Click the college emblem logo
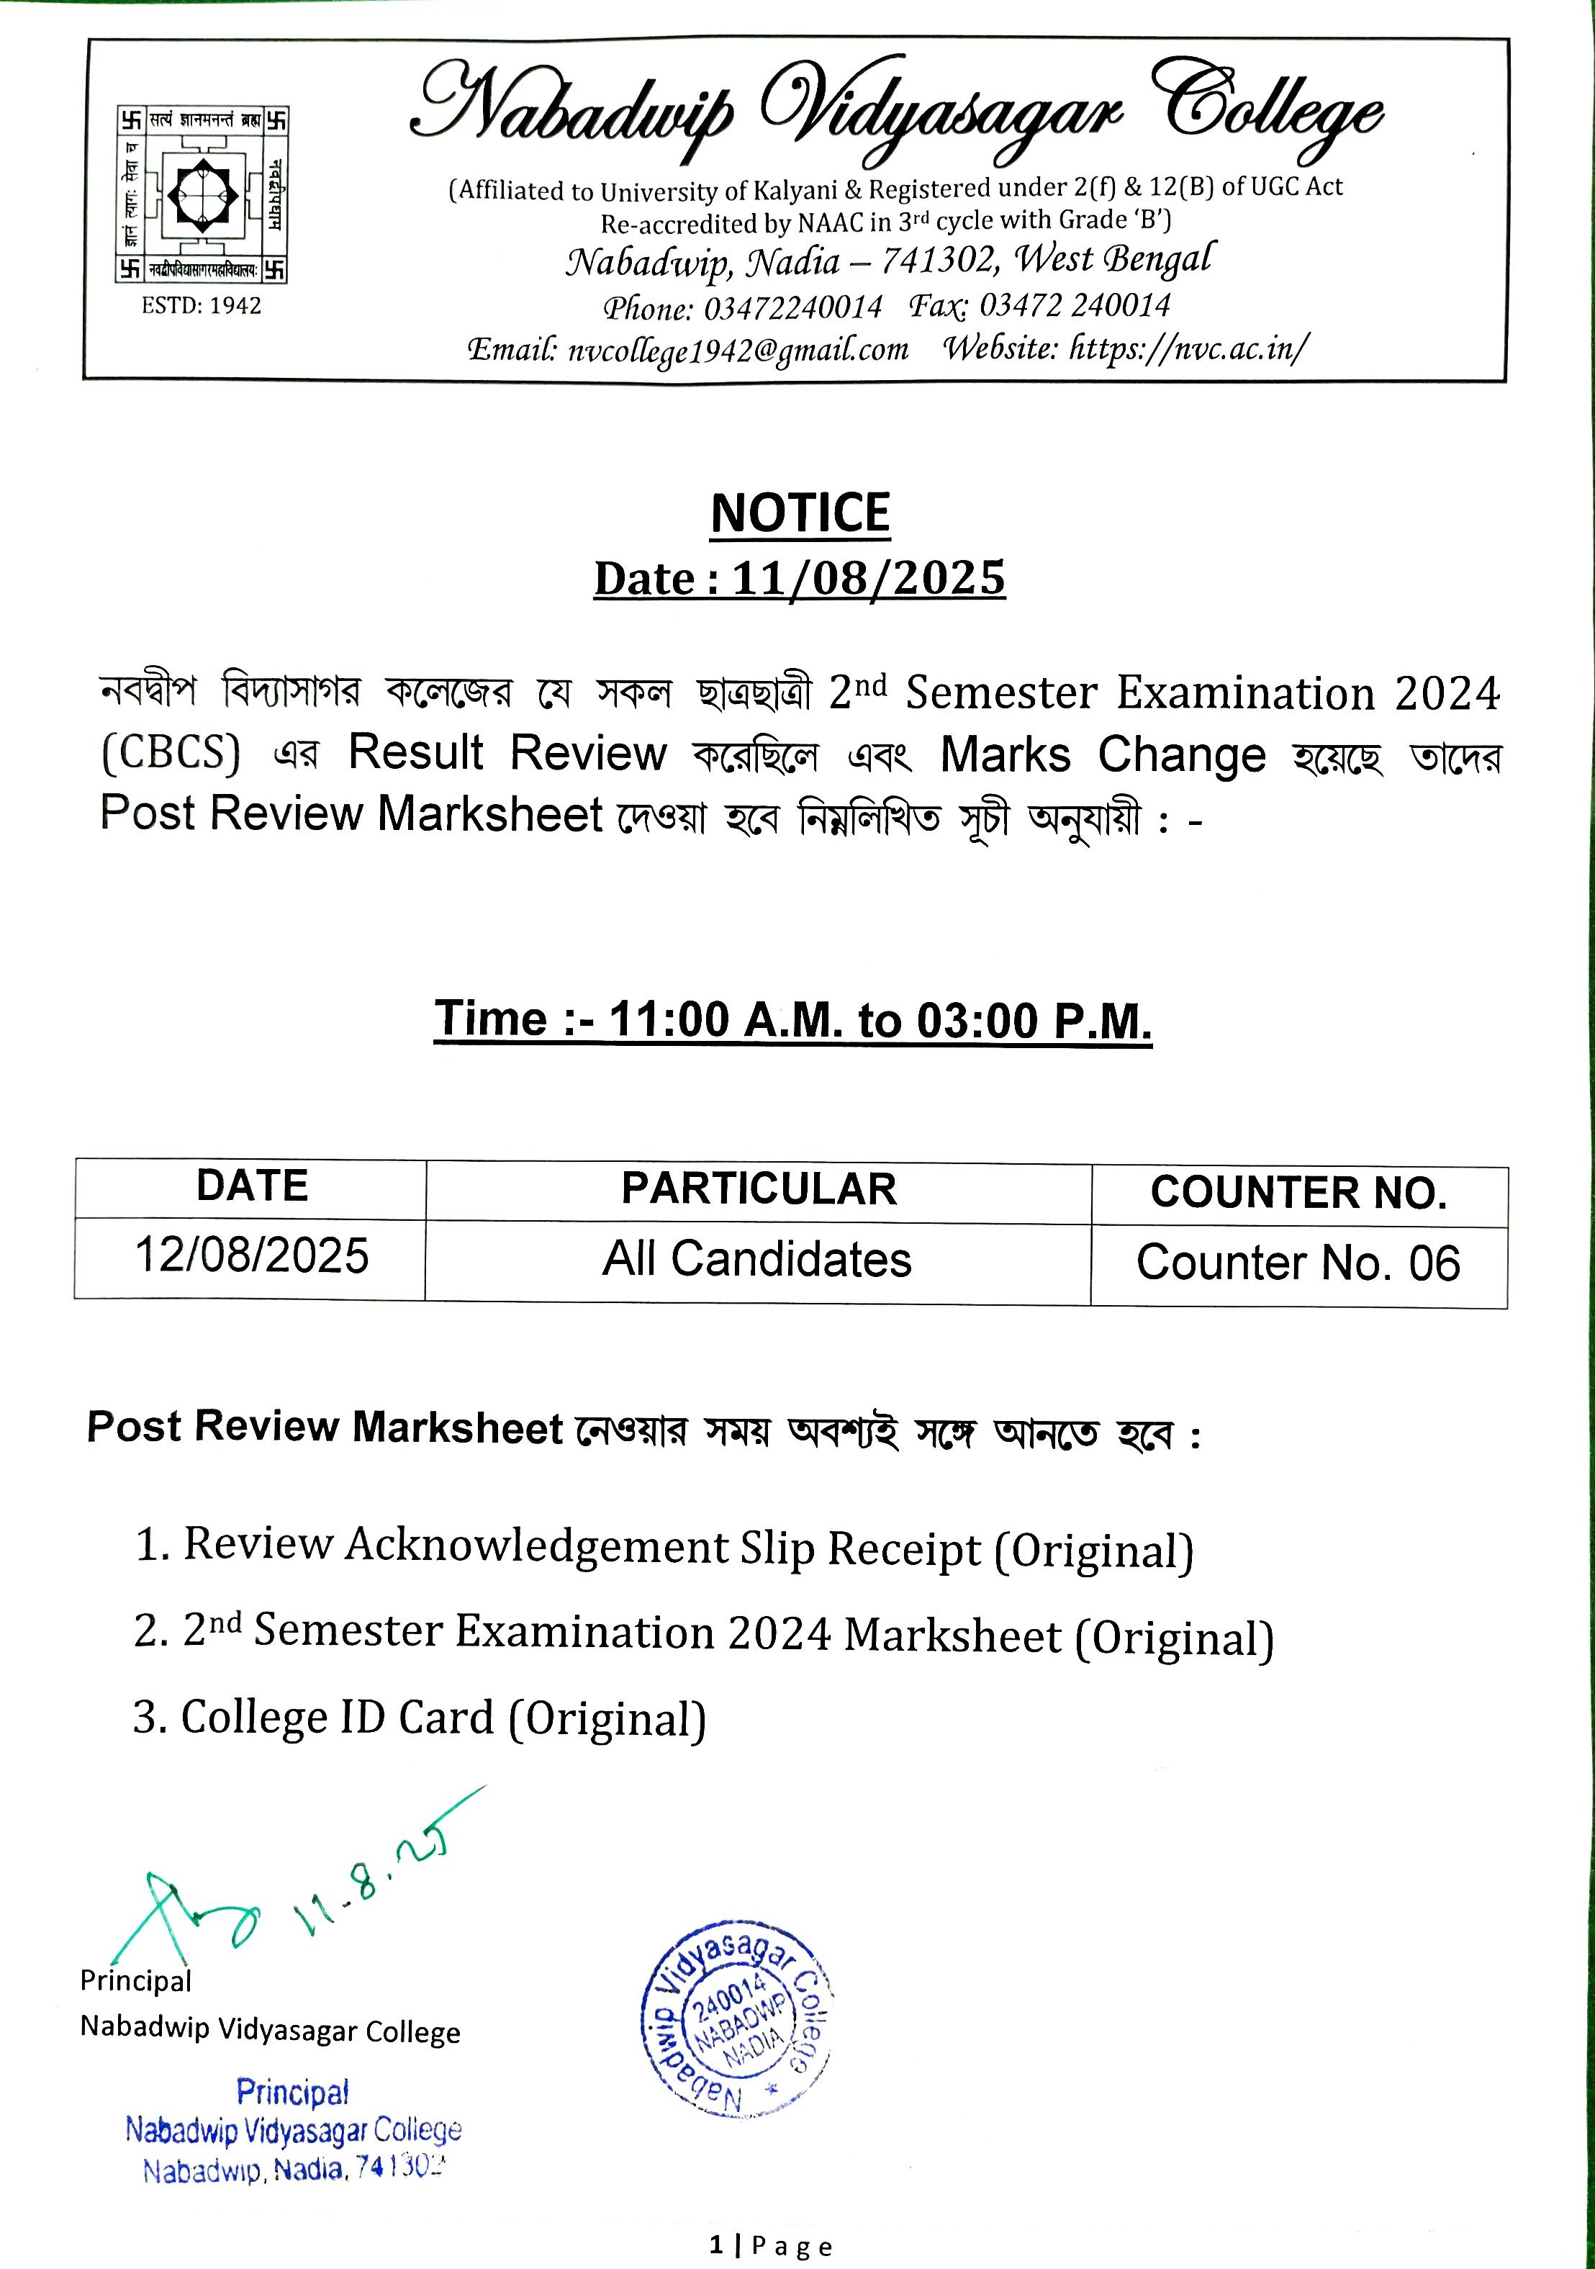click(x=202, y=194)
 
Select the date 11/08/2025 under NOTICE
click(x=867, y=578)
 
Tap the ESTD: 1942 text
click(x=201, y=307)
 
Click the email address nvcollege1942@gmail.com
click(x=737, y=351)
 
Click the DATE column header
click(x=252, y=1186)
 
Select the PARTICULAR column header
click(x=758, y=1189)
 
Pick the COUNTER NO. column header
click(x=1298, y=1193)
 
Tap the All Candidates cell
click(x=757, y=1260)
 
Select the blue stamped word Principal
click(x=292, y=2092)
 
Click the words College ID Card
click(x=337, y=1718)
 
